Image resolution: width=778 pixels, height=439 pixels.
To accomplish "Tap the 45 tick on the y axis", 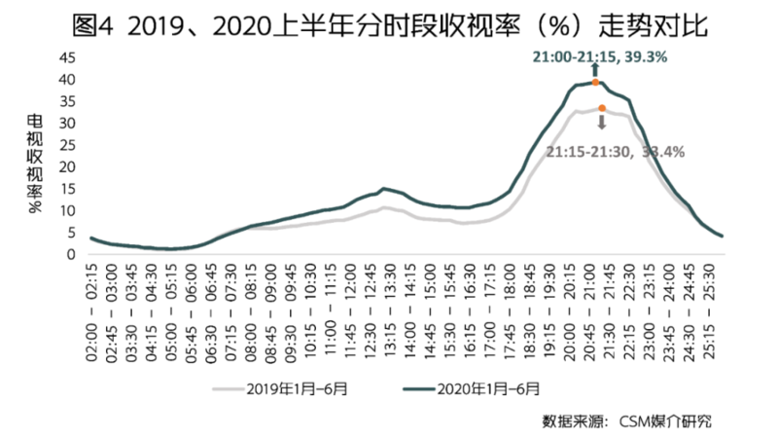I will coord(67,56).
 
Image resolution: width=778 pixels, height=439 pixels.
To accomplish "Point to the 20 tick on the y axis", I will coord(67,166).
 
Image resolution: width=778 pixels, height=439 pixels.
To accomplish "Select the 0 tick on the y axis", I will coord(71,255).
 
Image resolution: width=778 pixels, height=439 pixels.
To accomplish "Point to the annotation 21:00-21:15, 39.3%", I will coord(598,58).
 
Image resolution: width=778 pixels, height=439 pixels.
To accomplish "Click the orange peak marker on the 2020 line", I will coord(596,83).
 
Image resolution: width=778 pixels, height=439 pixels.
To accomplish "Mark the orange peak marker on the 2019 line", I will coord(602,108).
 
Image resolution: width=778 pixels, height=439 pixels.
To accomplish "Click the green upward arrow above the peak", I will coord(595,71).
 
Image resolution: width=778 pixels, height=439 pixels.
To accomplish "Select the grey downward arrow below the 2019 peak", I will coord(602,124).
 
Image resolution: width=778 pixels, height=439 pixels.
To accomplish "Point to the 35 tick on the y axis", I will coord(67,100).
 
